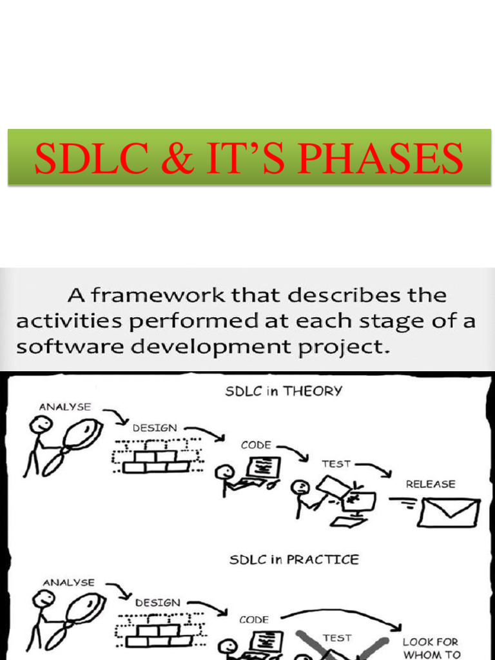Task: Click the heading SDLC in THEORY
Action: pos(284,391)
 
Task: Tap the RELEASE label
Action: pos(430,483)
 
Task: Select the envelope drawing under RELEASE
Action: pos(448,512)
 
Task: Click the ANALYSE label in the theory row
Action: pos(65,407)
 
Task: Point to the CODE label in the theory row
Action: pos(256,445)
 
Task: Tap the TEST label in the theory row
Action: pos(336,463)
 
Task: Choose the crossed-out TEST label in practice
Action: pos(336,637)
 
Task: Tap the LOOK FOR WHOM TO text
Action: pos(430,647)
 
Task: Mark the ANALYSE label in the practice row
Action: pos(68,582)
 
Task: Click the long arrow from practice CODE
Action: pos(342,613)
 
